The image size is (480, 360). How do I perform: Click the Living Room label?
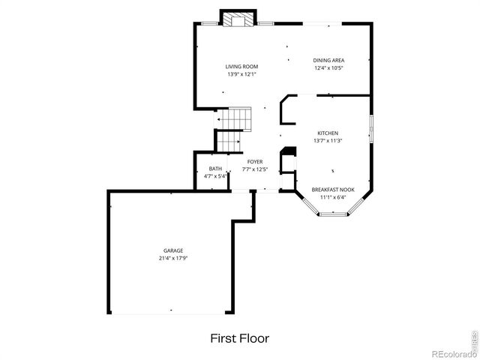coord(241,67)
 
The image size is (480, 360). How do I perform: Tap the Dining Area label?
coord(328,60)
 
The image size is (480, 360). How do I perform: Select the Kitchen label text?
coord(328,133)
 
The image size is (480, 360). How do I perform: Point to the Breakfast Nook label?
coord(333,190)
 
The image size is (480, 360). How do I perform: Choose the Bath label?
coord(215,169)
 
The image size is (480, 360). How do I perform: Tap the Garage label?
coord(173,250)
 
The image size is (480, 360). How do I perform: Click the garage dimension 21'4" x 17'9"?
coord(173,258)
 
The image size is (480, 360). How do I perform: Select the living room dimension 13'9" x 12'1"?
coord(241,74)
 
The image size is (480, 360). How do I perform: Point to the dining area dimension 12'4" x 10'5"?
coord(328,67)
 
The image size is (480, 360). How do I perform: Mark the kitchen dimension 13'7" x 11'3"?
coord(328,140)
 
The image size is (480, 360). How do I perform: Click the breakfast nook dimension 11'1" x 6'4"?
coord(333,197)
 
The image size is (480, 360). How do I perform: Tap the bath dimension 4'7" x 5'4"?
coord(215,176)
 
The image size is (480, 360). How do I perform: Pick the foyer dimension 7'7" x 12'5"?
coord(255,169)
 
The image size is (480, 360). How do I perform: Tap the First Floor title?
coord(239,339)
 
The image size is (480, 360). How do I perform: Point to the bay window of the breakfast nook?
coord(334,214)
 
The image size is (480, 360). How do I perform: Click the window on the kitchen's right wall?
coord(370,127)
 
